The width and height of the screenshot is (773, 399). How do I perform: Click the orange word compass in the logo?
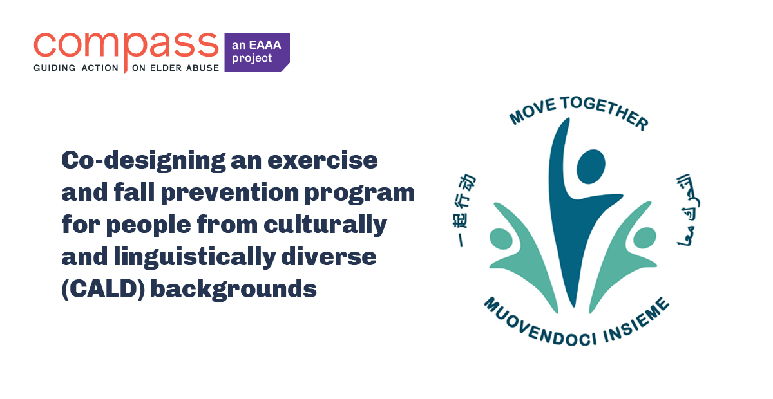tap(126, 45)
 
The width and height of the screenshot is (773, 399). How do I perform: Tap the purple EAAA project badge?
tap(256, 52)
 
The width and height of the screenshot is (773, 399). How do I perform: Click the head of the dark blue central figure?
tap(590, 166)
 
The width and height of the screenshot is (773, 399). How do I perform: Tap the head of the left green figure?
tap(501, 239)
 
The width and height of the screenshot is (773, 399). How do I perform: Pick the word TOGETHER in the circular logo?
tap(603, 109)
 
